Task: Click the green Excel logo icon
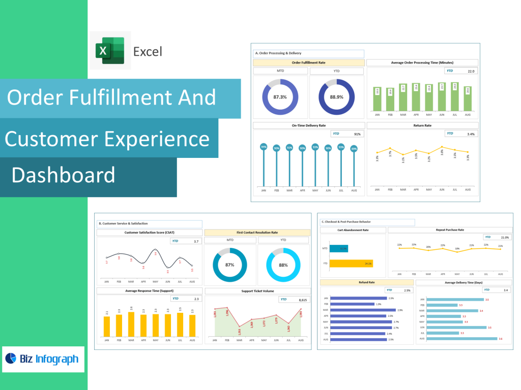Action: tap(110, 51)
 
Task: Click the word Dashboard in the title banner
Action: tap(63, 175)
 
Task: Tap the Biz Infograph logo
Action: tap(43, 359)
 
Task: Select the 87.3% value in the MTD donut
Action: tap(280, 97)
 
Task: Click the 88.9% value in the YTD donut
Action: tap(336, 97)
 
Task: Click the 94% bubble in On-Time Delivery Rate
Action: tap(264, 147)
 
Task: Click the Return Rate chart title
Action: tap(422, 125)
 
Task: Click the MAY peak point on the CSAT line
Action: tap(156, 250)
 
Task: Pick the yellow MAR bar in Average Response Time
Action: tap(131, 324)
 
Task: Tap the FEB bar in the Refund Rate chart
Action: tap(352, 304)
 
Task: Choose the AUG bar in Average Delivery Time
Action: tap(461, 339)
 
